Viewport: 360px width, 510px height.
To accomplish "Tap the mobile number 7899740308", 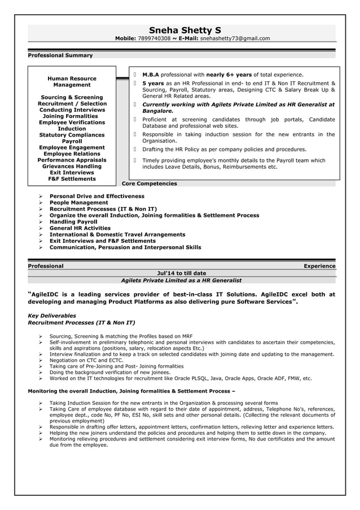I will [x=154, y=38].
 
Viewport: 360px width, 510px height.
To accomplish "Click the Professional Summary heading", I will [x=60, y=55].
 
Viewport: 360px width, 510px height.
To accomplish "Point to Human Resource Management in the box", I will [x=72, y=81].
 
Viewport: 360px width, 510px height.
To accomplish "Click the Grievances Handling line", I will [x=72, y=167].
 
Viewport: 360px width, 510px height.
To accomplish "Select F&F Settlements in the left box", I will [x=72, y=179].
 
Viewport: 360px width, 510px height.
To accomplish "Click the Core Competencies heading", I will [x=150, y=184].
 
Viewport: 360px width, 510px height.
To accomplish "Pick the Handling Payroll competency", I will [x=73, y=222].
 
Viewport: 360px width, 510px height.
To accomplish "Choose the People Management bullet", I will [x=78, y=203].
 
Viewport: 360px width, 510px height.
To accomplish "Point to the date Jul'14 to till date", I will [x=181, y=273].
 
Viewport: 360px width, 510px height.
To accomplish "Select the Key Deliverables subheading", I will [x=52, y=316].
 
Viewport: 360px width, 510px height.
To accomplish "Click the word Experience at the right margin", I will [x=319, y=266].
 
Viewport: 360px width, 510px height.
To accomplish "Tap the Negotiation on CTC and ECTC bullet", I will [x=86, y=360].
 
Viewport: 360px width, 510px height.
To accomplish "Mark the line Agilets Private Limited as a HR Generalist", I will [x=181, y=280].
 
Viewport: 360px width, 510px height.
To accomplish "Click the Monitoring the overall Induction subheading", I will [x=131, y=391].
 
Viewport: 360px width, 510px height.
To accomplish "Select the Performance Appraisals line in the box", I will [x=72, y=160].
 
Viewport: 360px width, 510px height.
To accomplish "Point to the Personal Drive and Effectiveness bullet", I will [x=97, y=197].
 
